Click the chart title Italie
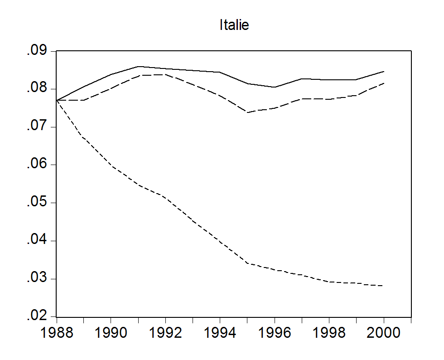234,25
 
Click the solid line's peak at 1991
138,66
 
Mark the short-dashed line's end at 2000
384,286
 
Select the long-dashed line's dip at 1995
247,112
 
